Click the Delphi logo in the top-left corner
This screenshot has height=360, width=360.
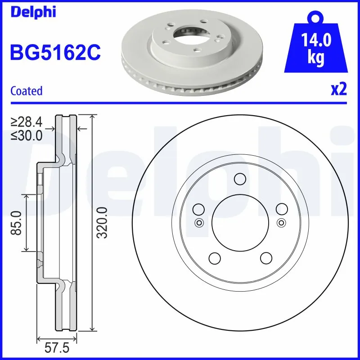33,12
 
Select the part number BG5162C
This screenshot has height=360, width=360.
55,53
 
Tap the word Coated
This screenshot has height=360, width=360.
26,91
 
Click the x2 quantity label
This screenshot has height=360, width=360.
339,90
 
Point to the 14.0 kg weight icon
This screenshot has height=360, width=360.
316,47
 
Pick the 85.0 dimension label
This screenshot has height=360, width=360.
17,223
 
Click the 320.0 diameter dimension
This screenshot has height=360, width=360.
103,223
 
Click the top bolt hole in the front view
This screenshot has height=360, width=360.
240,180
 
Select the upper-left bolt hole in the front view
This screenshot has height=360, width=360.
198,209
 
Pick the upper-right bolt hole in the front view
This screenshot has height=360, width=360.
282,209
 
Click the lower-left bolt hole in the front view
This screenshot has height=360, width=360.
214,258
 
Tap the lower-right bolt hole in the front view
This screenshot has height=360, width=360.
266,258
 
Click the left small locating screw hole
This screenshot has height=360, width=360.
198,222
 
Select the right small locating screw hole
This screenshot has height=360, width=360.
282,222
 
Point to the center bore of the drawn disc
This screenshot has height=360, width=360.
240,223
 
